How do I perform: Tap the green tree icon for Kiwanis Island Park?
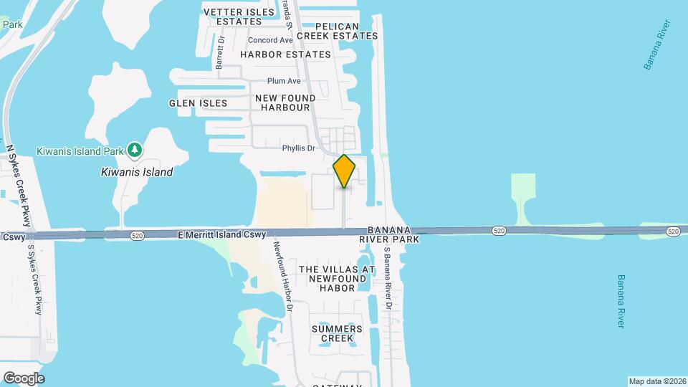(x=134, y=150)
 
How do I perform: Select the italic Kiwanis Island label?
(x=136, y=172)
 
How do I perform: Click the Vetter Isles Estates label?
(x=239, y=17)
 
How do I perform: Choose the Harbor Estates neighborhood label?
(x=285, y=54)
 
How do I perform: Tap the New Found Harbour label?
(x=285, y=102)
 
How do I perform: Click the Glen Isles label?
(x=198, y=103)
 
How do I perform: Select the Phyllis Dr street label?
(x=298, y=148)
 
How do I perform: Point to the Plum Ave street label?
(x=284, y=81)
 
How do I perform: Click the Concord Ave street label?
(x=271, y=41)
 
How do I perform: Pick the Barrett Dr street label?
(x=221, y=52)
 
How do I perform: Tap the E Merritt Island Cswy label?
(x=221, y=234)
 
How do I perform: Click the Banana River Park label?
(x=388, y=234)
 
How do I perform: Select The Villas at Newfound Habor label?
(x=337, y=279)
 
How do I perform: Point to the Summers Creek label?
(x=337, y=333)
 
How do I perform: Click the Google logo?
(x=24, y=378)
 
